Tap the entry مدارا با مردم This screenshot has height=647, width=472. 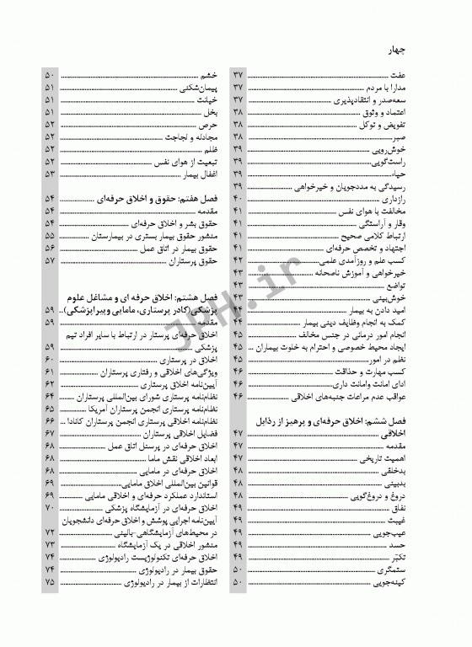[406, 88]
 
